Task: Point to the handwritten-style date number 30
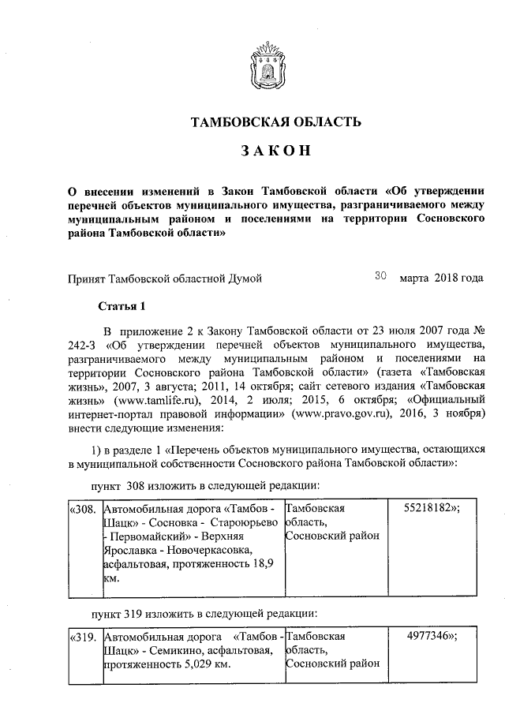380,276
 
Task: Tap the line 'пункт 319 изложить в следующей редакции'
204,612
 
